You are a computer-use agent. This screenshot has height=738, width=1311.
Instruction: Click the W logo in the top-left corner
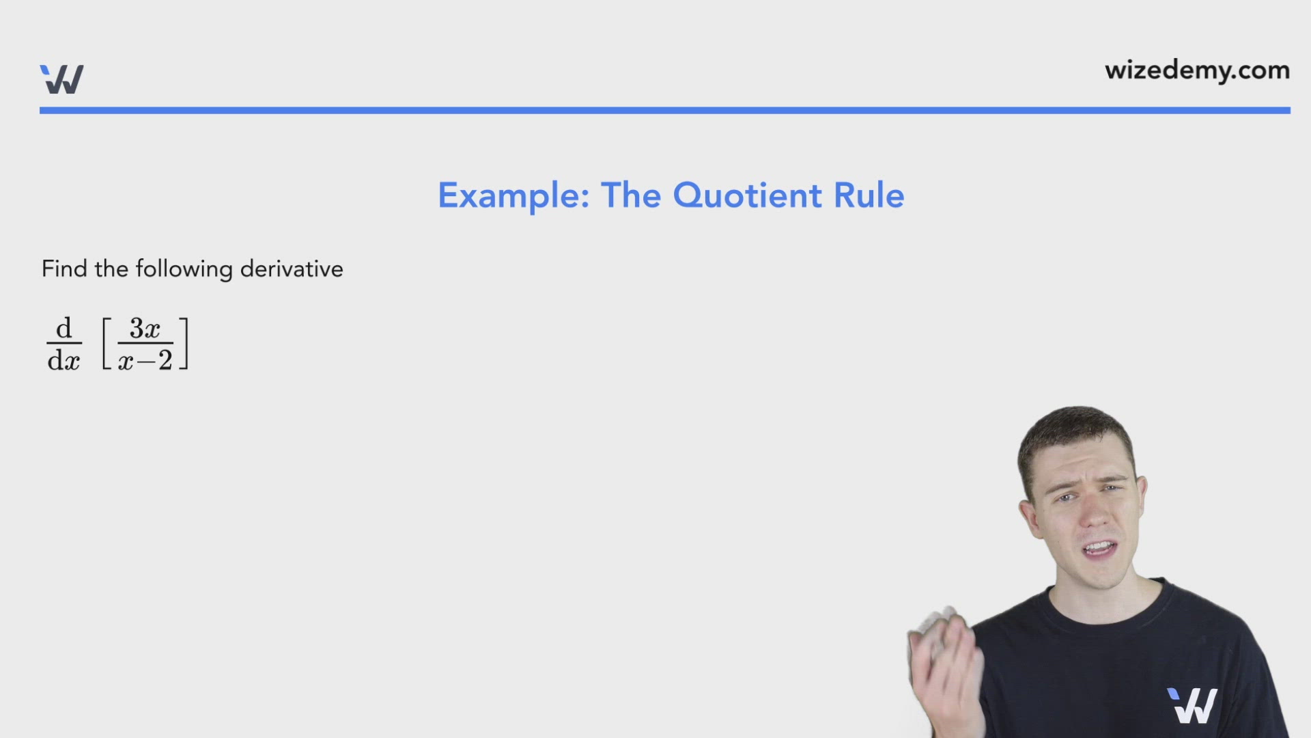tap(61, 79)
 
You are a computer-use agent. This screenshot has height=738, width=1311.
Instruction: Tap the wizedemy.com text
tap(1197, 70)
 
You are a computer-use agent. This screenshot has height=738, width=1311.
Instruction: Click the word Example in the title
tap(513, 196)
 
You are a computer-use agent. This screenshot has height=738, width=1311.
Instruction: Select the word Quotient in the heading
tap(747, 196)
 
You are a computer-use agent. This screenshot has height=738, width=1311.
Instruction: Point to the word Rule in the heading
tap(869, 196)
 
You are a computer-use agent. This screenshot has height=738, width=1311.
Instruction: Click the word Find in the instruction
tap(64, 269)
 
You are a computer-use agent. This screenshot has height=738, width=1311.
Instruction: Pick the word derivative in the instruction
tap(292, 269)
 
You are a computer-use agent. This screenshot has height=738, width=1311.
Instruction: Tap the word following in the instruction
tap(184, 269)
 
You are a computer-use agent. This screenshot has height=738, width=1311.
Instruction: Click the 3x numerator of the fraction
tap(145, 329)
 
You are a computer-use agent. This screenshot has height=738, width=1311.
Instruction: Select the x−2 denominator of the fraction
tap(145, 360)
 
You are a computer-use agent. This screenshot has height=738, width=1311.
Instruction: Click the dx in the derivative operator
tap(64, 360)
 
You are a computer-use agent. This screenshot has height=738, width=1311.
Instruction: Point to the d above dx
tap(64, 329)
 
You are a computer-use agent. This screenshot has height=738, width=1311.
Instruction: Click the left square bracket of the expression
tap(107, 344)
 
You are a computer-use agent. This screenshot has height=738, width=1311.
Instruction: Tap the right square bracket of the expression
tap(184, 344)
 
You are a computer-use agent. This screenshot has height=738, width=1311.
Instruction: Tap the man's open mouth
tap(1099, 548)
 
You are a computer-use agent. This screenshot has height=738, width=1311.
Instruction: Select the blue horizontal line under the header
tap(664, 110)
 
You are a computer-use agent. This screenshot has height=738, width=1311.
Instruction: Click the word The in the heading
tap(631, 196)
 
